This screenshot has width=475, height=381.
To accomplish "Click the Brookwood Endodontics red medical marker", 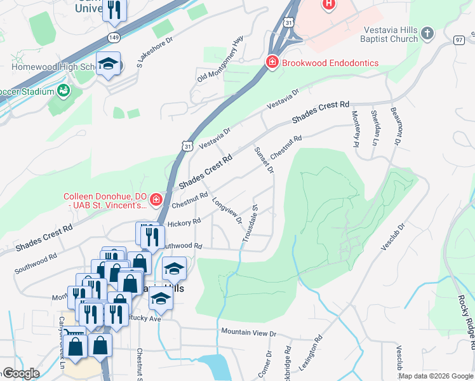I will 272,62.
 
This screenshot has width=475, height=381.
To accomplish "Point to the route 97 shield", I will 458,40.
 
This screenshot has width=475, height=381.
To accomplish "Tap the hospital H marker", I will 328,5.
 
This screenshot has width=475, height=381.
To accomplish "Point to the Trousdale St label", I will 250,223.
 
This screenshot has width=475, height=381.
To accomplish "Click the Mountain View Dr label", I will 249,332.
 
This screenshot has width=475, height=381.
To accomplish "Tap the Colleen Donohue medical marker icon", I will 156,201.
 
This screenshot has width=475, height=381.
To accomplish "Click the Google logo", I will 20,373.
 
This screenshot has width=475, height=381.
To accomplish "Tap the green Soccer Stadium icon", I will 64,91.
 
